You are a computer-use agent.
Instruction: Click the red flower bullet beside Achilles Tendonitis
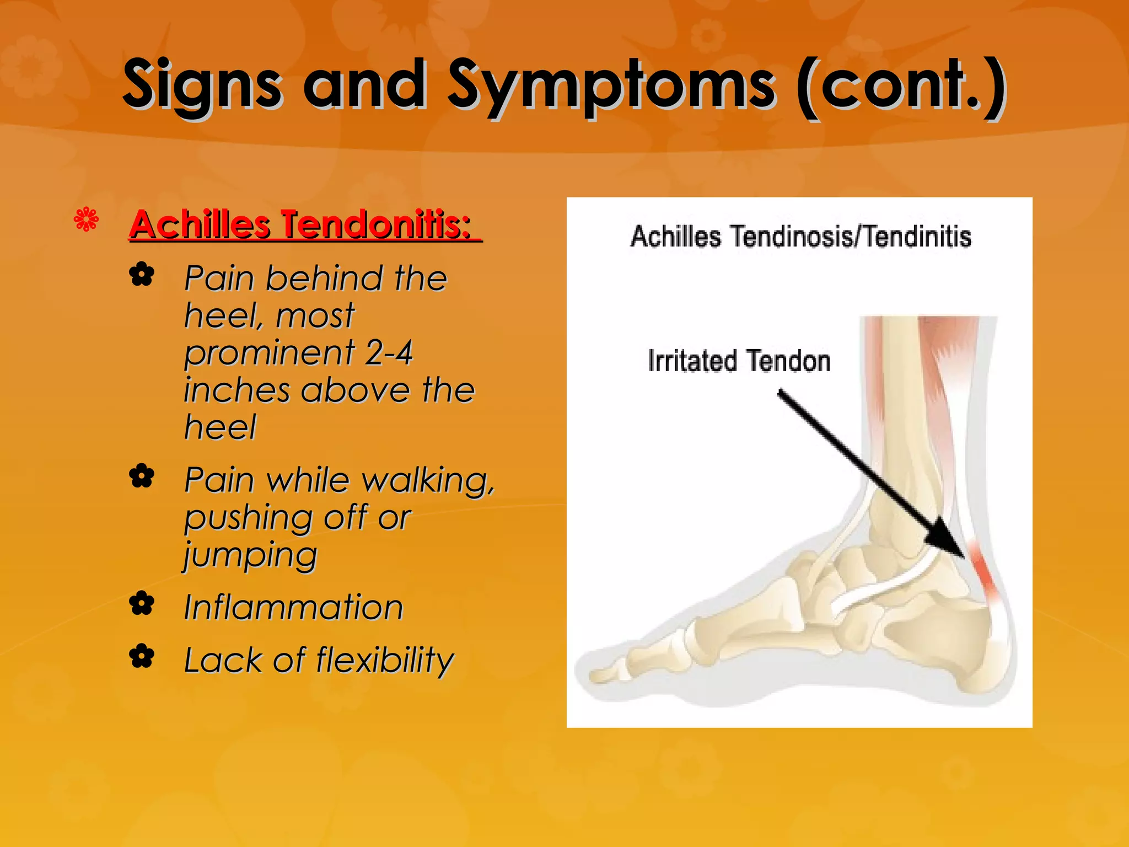[87, 219]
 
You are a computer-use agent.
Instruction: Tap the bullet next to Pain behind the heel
[142, 275]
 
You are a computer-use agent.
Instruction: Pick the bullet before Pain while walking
[142, 476]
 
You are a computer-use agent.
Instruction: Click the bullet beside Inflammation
[142, 604]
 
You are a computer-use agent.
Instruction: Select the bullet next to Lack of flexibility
[142, 657]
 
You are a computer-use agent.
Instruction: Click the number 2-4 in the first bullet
[389, 353]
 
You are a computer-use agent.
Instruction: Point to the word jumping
[251, 555]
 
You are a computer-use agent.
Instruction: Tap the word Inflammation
[293, 607]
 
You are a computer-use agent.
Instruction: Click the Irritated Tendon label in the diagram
[739, 361]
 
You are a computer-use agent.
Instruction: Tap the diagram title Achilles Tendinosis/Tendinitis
[800, 237]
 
